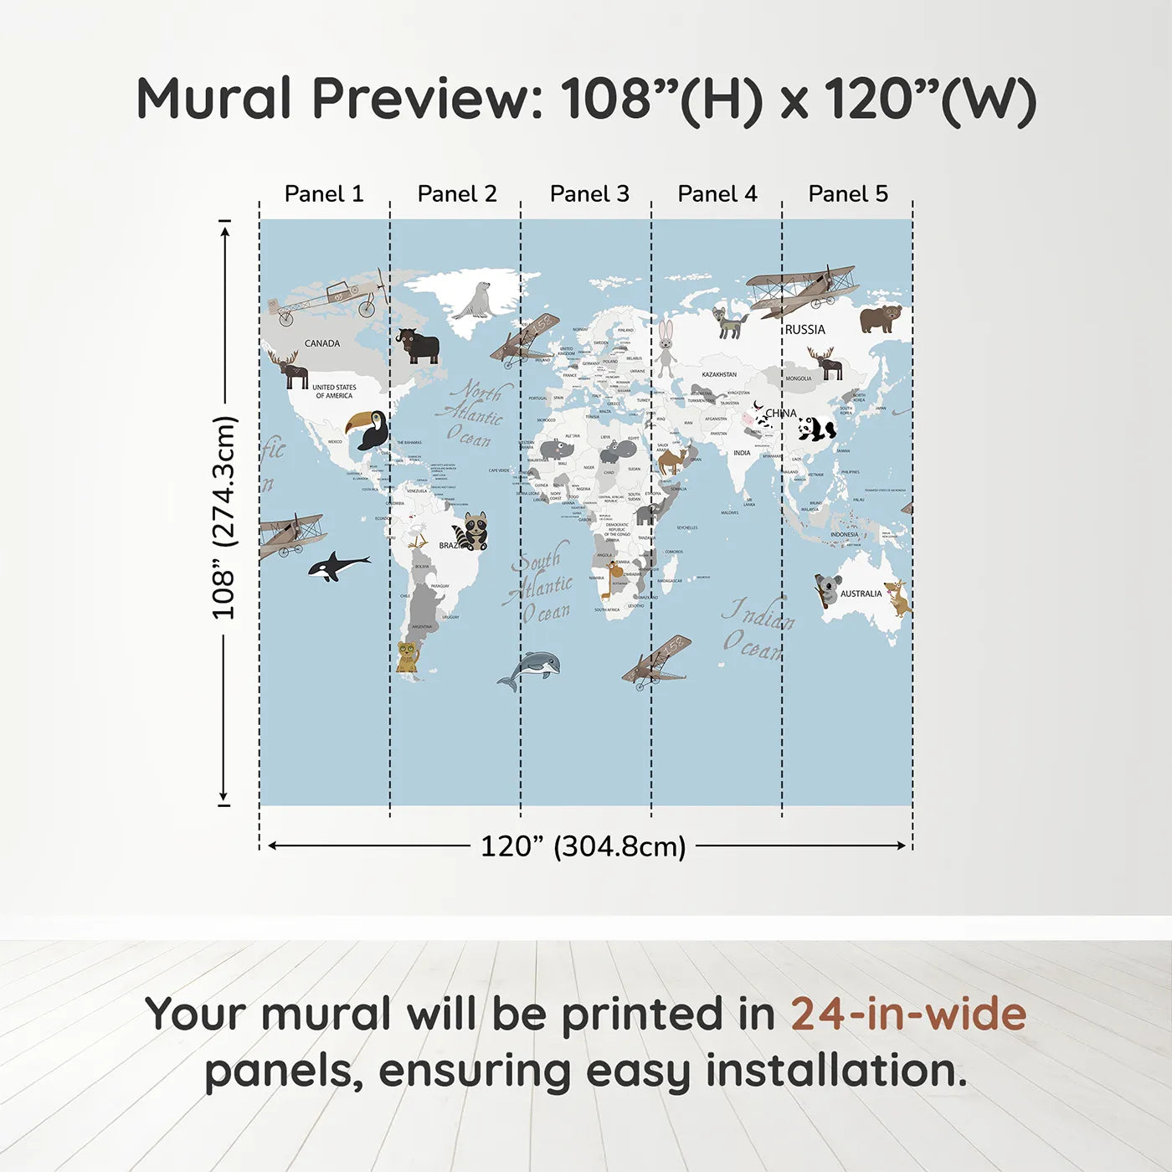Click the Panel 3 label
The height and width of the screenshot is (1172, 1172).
(589, 193)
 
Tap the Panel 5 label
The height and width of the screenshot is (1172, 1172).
(847, 193)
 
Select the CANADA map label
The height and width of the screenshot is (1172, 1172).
(322, 343)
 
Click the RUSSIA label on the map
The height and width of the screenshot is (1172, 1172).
(804, 330)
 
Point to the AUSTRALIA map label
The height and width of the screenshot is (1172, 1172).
(861, 594)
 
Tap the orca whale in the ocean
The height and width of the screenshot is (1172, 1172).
(337, 566)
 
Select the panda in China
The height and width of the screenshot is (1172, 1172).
(815, 429)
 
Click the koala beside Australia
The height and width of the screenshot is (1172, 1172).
(827, 589)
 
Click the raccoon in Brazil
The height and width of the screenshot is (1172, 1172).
(473, 532)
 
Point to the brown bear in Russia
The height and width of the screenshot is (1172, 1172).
(880, 318)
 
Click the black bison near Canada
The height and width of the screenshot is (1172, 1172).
(419, 345)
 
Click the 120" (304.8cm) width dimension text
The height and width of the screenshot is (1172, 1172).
(583, 846)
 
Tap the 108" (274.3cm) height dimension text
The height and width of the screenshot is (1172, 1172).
(224, 517)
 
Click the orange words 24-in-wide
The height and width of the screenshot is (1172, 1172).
(907, 1014)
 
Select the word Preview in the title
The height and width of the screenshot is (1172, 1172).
(427, 99)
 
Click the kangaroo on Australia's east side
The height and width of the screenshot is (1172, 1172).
(897, 597)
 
